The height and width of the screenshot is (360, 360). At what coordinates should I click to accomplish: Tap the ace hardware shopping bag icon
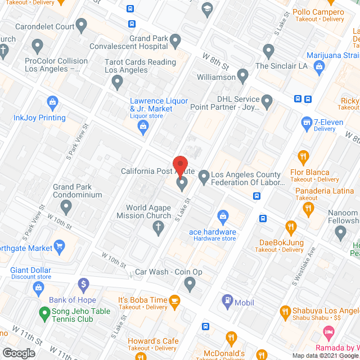coord(223,215)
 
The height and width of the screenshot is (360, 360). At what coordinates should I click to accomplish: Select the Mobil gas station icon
coord(228,301)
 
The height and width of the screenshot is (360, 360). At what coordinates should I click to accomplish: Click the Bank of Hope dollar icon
coord(83,283)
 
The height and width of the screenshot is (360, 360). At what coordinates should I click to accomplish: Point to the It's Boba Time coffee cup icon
coord(174,300)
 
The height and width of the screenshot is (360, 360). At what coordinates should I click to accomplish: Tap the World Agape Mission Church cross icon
coord(159,227)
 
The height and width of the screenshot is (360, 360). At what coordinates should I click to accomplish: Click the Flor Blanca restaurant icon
coord(304,156)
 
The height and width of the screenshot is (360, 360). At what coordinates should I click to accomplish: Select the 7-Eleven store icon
coord(307,121)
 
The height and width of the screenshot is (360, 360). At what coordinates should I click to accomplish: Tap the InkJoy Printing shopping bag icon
coord(53,102)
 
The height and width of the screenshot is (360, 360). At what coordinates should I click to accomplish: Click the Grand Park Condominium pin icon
coord(67,208)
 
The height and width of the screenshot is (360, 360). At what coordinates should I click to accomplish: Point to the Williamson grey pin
coord(243,74)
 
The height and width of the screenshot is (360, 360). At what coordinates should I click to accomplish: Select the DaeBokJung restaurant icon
coord(291,227)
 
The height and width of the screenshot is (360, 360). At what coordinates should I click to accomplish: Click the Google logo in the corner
coord(19,352)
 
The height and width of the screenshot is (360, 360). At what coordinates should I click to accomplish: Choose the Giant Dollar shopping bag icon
coord(39,288)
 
